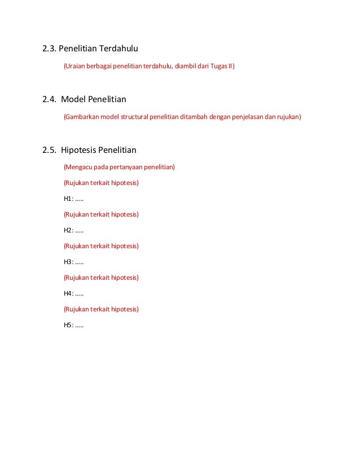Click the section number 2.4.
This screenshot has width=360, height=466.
(49, 100)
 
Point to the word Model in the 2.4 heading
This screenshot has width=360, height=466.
(73, 100)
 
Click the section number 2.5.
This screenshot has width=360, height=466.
(49, 150)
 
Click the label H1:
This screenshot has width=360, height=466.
(69, 199)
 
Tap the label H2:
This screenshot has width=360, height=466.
(69, 230)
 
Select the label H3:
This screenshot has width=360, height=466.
(69, 262)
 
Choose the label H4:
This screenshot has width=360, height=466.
(69, 293)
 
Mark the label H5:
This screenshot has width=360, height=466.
(69, 325)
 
